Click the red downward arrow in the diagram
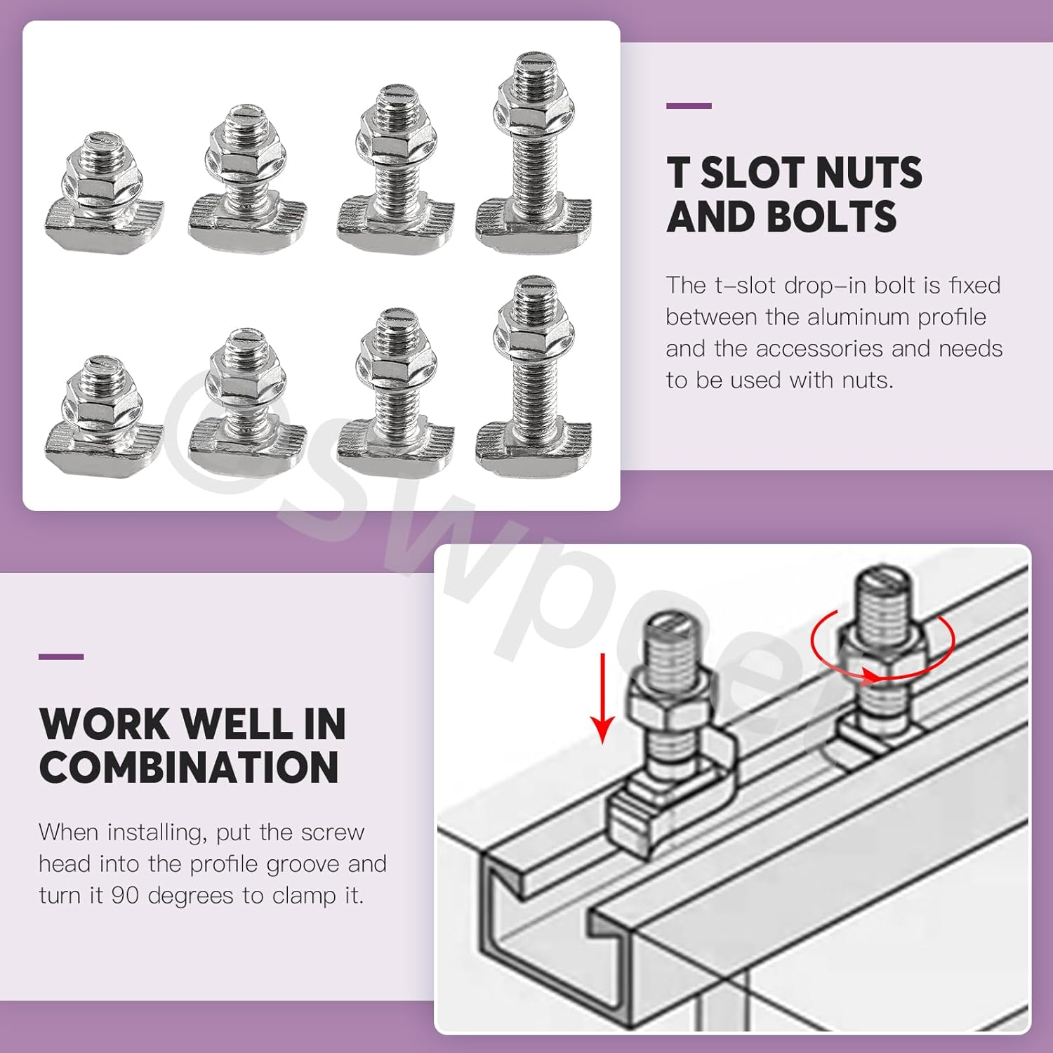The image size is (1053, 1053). pyautogui.click(x=602, y=698)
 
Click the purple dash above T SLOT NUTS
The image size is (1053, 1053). pyautogui.click(x=689, y=106)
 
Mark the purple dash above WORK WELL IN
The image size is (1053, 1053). pyautogui.click(x=61, y=657)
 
